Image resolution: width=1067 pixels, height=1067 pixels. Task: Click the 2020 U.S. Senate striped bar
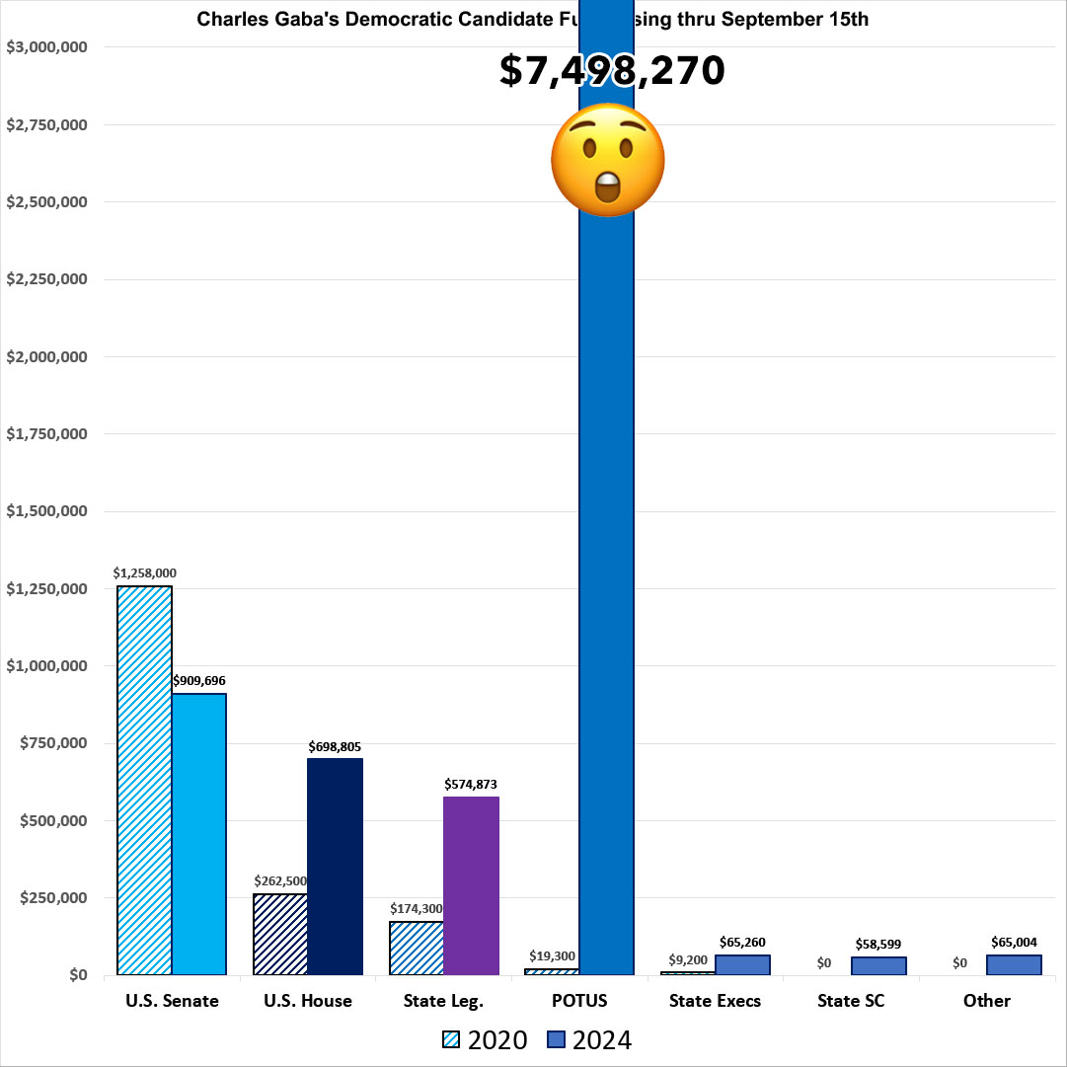[144, 780]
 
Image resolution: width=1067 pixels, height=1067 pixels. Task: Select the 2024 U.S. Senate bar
[198, 834]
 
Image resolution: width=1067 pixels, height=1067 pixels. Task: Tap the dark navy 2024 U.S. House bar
[335, 867]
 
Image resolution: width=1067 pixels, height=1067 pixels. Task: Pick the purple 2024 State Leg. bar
[471, 885]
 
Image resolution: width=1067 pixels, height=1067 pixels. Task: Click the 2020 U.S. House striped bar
[280, 934]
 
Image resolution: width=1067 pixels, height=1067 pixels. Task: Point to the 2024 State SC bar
[878, 965]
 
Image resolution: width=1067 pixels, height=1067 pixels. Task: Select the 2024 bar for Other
[1014, 964]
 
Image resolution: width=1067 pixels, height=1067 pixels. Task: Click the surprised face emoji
[606, 159]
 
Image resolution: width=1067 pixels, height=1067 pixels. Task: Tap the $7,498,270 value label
[612, 71]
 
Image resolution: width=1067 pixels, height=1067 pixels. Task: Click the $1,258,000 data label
[144, 572]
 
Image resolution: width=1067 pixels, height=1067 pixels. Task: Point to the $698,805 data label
[335, 746]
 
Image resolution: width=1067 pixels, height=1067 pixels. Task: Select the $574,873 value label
[471, 785]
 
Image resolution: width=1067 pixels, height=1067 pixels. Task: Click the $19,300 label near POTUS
[550, 955]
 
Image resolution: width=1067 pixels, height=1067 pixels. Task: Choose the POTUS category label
[578, 1001]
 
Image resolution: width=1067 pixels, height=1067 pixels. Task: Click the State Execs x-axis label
[715, 1001]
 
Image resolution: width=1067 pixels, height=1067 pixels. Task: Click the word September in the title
[740, 19]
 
